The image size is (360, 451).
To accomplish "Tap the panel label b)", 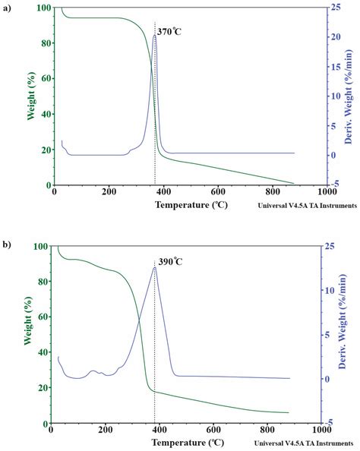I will click(7, 245).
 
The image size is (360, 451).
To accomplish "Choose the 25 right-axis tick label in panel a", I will click(333, 8).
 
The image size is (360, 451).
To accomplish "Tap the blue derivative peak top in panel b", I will click(155, 267).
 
